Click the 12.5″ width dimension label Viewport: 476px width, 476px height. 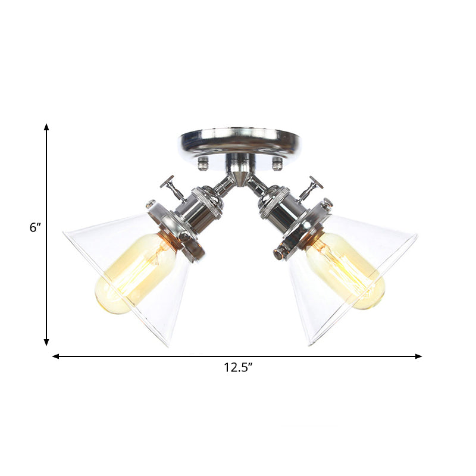239,368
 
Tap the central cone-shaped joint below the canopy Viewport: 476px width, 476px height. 239,177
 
